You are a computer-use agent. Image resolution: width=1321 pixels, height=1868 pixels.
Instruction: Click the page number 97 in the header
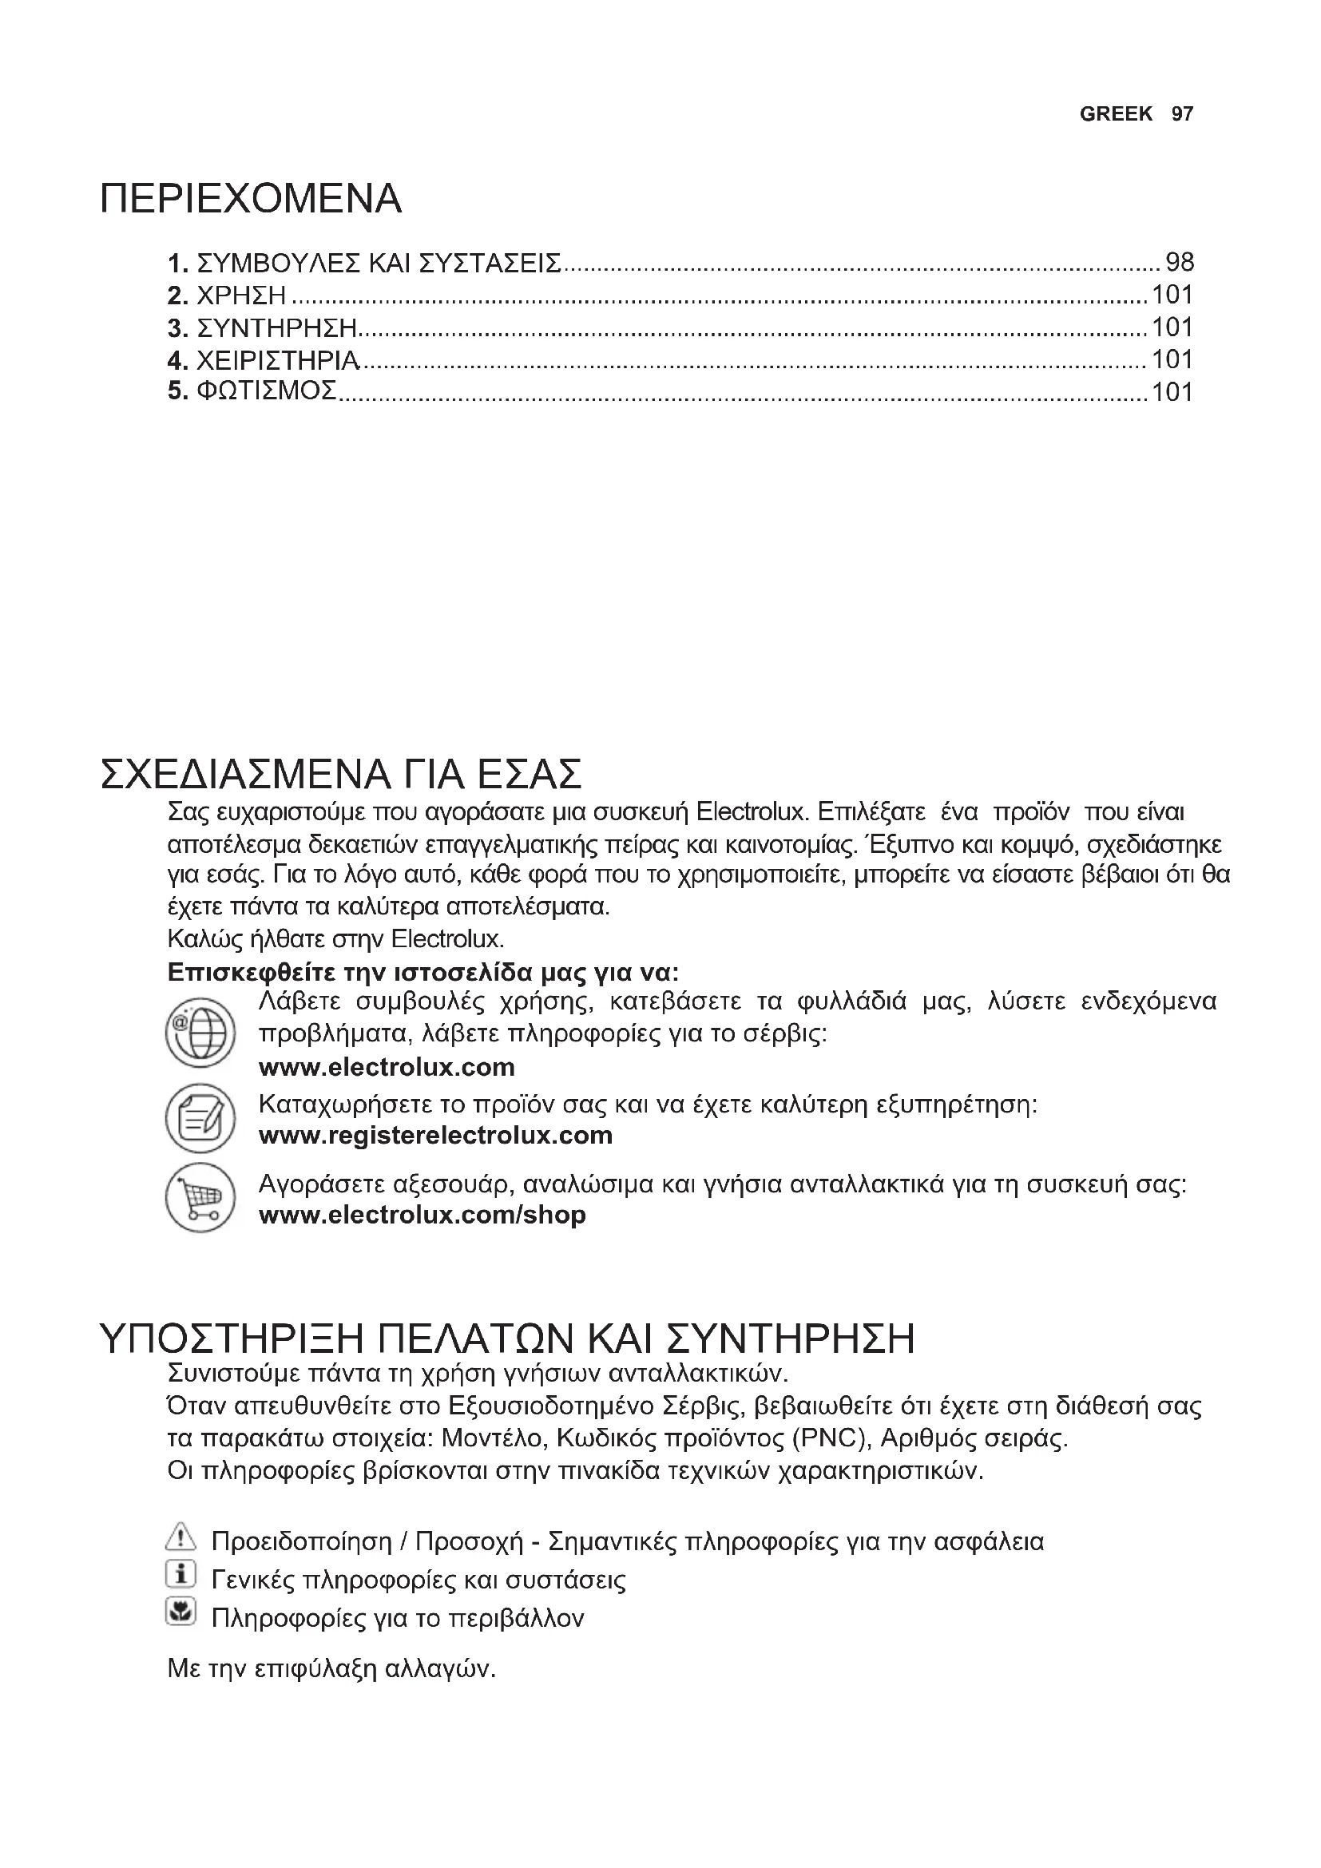[x=1182, y=114]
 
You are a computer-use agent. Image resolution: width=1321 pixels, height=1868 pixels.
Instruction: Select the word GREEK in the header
[x=1115, y=114]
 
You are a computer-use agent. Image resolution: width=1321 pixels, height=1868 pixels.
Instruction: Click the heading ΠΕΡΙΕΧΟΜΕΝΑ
[x=251, y=200]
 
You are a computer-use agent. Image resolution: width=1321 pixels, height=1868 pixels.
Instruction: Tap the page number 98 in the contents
[x=1180, y=262]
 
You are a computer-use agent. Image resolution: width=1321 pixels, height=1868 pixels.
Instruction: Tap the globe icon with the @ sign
[x=200, y=1033]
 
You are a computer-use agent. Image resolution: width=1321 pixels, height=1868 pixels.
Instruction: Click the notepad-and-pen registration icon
[x=200, y=1118]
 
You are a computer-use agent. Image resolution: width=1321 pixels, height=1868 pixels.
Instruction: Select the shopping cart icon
[x=200, y=1197]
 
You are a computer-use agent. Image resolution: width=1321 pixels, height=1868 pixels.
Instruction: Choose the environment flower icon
[x=180, y=1611]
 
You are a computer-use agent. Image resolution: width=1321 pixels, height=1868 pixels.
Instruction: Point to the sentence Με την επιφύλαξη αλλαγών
[x=331, y=1669]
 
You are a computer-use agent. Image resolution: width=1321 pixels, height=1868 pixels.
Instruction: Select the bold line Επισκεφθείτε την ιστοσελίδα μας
[x=423, y=972]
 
